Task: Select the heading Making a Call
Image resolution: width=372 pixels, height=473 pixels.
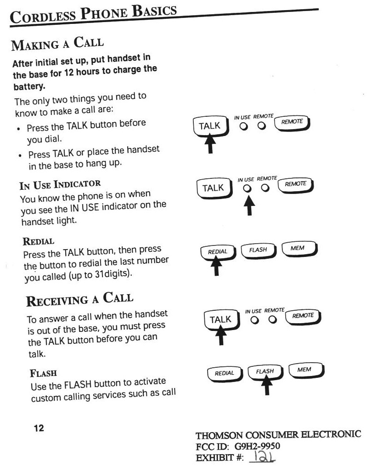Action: pos(58,45)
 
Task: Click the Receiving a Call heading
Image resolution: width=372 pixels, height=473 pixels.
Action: pos(79,300)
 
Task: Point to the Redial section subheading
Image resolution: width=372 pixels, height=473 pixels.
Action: pos(39,241)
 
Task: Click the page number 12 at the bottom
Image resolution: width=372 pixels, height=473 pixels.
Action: pos(39,428)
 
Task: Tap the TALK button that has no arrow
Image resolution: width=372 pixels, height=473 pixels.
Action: pos(213,188)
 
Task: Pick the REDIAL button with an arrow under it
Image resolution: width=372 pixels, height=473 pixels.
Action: pos(217,251)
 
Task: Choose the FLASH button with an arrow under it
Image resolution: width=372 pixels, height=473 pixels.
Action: pos(265,371)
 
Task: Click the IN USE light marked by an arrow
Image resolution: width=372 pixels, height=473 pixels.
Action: pos(248,188)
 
